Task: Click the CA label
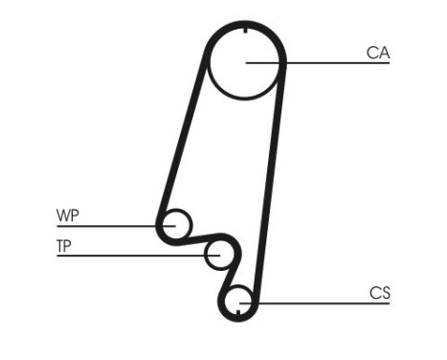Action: (377, 53)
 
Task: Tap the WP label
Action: (67, 215)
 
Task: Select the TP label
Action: (64, 245)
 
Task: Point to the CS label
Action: (379, 293)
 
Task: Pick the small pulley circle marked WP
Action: (175, 225)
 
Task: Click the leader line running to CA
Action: (325, 64)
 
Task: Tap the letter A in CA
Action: (383, 53)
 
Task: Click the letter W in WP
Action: (62, 215)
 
